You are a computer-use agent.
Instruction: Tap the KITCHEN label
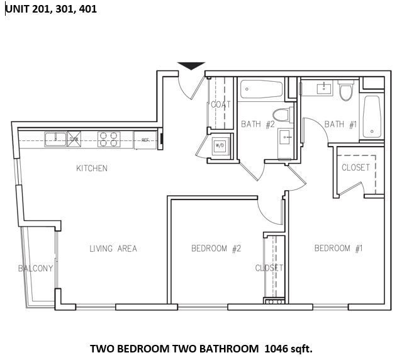point(92,168)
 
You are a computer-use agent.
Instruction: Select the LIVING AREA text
point(113,249)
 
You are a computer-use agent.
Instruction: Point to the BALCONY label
point(35,269)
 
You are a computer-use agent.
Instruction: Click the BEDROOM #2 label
point(216,249)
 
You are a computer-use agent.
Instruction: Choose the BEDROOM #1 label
point(338,249)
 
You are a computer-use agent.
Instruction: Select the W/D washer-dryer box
point(220,145)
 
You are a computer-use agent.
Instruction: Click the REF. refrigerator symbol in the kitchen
point(145,140)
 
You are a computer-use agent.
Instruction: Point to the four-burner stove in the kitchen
point(108,138)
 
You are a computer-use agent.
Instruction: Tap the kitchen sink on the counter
point(55,138)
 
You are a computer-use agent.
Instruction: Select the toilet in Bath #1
point(344,93)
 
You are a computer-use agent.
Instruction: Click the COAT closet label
point(221,104)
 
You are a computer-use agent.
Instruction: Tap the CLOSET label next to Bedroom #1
point(355,167)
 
